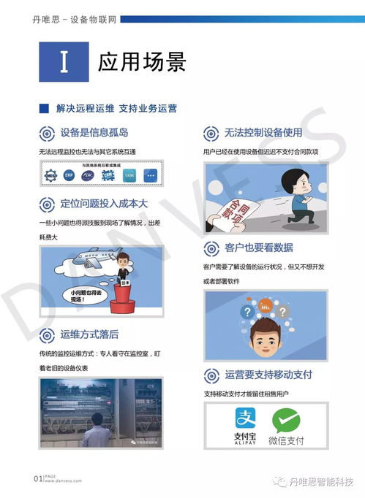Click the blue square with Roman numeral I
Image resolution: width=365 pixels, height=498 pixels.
click(64, 62)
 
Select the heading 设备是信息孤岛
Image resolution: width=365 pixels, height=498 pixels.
click(95, 132)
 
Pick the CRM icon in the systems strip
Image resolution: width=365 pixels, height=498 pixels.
click(109, 175)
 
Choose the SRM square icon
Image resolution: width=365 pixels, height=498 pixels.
click(129, 175)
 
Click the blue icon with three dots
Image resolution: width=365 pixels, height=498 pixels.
click(151, 175)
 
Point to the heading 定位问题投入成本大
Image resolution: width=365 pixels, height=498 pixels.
click(104, 203)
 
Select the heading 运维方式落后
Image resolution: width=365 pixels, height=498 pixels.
click(90, 334)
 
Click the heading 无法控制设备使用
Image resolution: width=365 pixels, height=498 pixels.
click(263, 133)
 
